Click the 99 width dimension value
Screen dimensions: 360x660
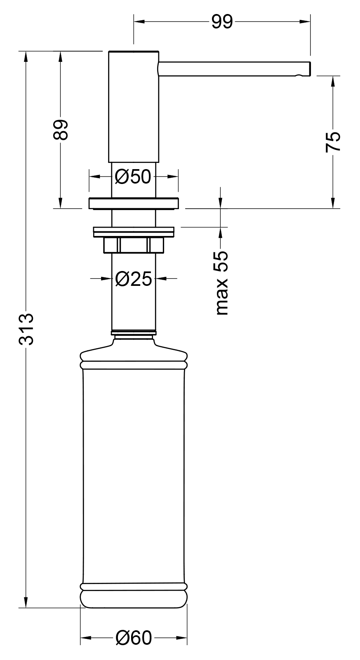(222, 21)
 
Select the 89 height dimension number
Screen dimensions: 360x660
(60, 130)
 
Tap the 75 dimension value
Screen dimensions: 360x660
(333, 142)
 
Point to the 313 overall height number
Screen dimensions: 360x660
(26, 329)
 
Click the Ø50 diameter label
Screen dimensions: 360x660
(133, 177)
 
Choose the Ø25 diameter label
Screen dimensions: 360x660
(133, 278)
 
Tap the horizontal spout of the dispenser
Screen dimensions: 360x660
(235, 68)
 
